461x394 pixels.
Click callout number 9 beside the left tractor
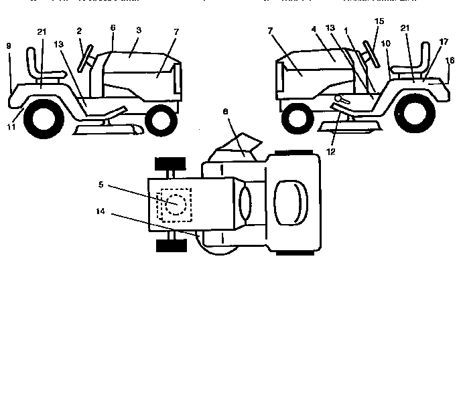9,46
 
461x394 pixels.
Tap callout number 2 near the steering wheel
79,31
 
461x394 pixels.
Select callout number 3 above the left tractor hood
138,31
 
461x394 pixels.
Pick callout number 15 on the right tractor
380,21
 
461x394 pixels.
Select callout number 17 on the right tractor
444,41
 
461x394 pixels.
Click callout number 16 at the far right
450,60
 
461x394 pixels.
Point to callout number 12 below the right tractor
331,152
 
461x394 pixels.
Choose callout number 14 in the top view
101,212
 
